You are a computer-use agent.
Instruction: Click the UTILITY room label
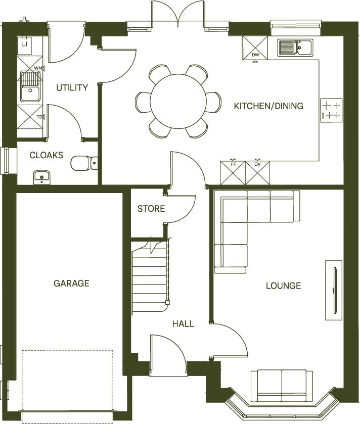(72, 87)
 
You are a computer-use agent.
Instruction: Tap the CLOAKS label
(47, 155)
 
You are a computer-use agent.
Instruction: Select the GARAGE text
(71, 284)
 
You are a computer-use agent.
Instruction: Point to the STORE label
(151, 208)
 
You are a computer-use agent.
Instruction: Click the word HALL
(183, 323)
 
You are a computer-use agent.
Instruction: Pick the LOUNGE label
(283, 286)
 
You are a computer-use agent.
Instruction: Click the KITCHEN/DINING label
(268, 106)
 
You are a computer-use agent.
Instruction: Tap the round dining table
(178, 101)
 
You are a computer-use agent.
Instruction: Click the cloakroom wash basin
(41, 176)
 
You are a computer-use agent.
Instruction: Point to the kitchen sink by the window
(296, 48)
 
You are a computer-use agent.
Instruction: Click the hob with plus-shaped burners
(332, 111)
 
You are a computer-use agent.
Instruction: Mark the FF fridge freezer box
(233, 173)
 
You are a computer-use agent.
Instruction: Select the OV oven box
(257, 173)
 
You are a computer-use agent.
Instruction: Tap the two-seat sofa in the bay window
(281, 385)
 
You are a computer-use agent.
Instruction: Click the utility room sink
(29, 86)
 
